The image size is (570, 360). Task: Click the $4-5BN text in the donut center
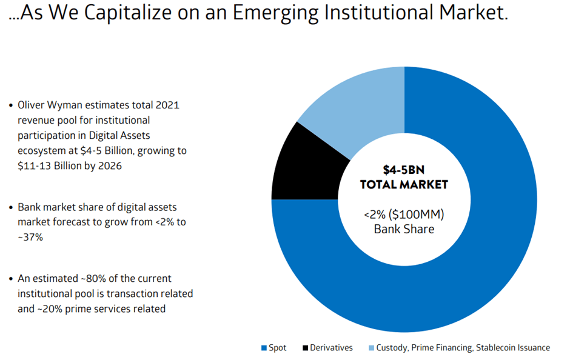click(404, 170)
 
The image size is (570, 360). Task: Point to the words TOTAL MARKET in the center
click(404, 184)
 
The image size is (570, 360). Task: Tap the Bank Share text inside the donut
click(404, 229)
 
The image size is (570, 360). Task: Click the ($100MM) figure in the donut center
click(418, 214)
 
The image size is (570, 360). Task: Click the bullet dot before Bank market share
click(11, 207)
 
